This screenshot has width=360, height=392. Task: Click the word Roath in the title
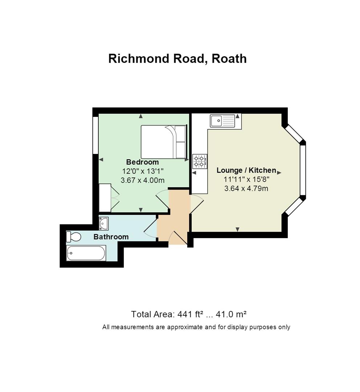coord(229,58)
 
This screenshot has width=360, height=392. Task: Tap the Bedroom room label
coord(142,162)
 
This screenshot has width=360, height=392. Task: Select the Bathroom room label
coord(111,237)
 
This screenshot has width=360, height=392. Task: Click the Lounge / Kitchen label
coord(246,170)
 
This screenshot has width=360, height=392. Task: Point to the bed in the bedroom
coord(164,142)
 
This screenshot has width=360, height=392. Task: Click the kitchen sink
coord(222,121)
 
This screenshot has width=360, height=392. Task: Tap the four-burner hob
coord(200,161)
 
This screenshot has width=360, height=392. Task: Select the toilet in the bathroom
coord(74,237)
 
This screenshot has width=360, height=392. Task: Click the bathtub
coord(86,253)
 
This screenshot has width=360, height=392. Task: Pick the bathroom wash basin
coord(104,223)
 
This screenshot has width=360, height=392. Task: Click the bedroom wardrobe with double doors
coord(109,198)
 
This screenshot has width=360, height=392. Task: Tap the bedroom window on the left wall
coord(95,135)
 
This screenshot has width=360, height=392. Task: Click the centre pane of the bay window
coord(303,170)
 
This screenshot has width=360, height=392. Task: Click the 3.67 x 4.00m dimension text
coord(143,180)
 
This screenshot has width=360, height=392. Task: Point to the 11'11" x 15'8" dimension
coord(246,179)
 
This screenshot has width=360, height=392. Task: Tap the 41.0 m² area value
coord(231,314)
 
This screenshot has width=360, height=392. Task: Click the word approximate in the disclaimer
coord(185,327)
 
